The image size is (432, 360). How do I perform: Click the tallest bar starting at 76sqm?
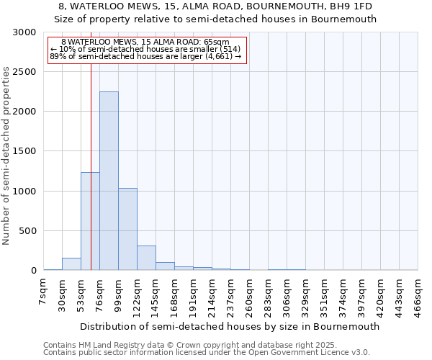(109, 181)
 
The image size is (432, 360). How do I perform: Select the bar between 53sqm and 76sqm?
(90, 221)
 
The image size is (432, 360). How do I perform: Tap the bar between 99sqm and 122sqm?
(127, 229)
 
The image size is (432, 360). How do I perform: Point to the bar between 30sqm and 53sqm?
(71, 264)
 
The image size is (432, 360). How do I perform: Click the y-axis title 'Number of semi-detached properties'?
(7, 156)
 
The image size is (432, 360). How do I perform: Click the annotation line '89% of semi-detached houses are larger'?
(145, 57)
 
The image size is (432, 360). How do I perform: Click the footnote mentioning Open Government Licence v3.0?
(206, 353)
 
